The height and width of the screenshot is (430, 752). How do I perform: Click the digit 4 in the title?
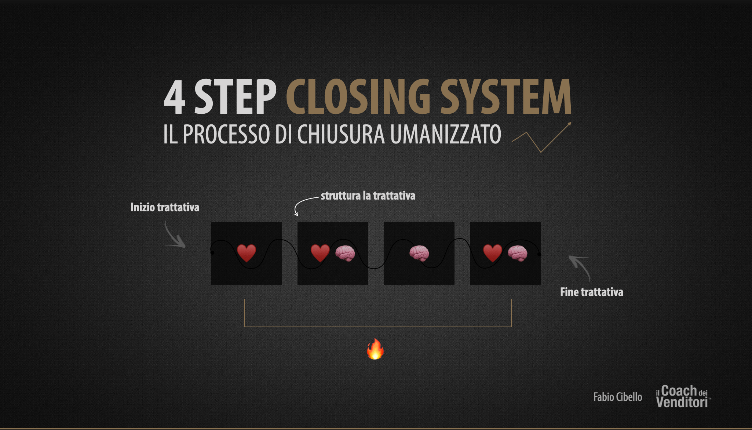[x=174, y=98]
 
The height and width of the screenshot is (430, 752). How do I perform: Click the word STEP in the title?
[x=235, y=98]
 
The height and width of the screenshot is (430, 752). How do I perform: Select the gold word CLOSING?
[x=358, y=97]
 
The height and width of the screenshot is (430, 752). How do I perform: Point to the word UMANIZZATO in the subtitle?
[x=445, y=134]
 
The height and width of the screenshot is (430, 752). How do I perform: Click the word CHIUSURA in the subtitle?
[x=341, y=134]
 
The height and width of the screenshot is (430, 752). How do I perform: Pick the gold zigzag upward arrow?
[x=542, y=138]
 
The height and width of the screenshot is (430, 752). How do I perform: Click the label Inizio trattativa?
[x=165, y=207]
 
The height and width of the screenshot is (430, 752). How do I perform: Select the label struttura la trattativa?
[x=368, y=196]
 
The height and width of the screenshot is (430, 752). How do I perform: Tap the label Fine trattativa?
[x=591, y=292]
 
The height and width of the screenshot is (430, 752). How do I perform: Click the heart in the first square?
[x=246, y=253]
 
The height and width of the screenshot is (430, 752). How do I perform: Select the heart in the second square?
[x=320, y=253]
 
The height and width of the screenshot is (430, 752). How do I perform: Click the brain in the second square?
[x=345, y=253]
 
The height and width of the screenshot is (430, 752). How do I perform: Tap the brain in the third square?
[x=419, y=253]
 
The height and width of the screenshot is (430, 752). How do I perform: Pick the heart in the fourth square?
[x=492, y=253]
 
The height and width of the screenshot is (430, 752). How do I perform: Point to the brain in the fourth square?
[x=518, y=253]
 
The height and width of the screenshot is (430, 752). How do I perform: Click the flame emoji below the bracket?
[x=375, y=349]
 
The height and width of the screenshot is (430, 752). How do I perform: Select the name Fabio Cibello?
[x=618, y=397]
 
